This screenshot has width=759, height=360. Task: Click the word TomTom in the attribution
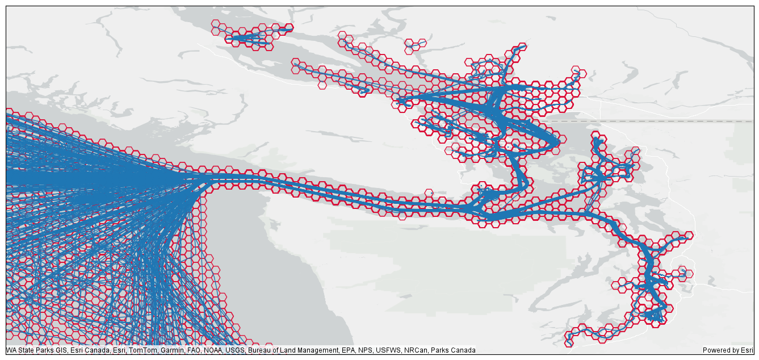click(x=141, y=350)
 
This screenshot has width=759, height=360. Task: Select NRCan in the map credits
click(x=416, y=350)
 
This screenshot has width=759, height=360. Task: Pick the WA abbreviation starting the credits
click(x=11, y=350)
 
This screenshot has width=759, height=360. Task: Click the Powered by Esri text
click(x=728, y=350)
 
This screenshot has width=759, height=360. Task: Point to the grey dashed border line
click(x=653, y=121)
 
